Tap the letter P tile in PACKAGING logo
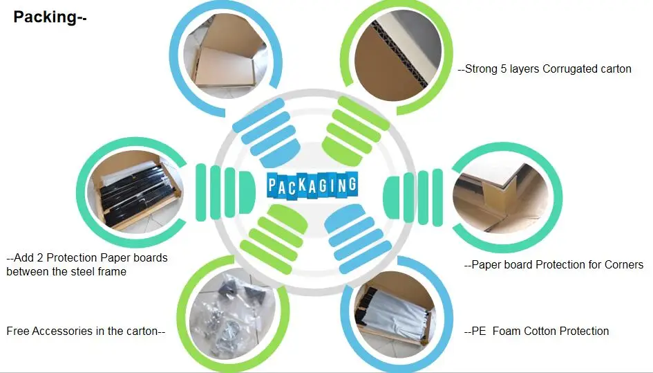click(x=274, y=185)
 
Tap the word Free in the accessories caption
click(x=17, y=331)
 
